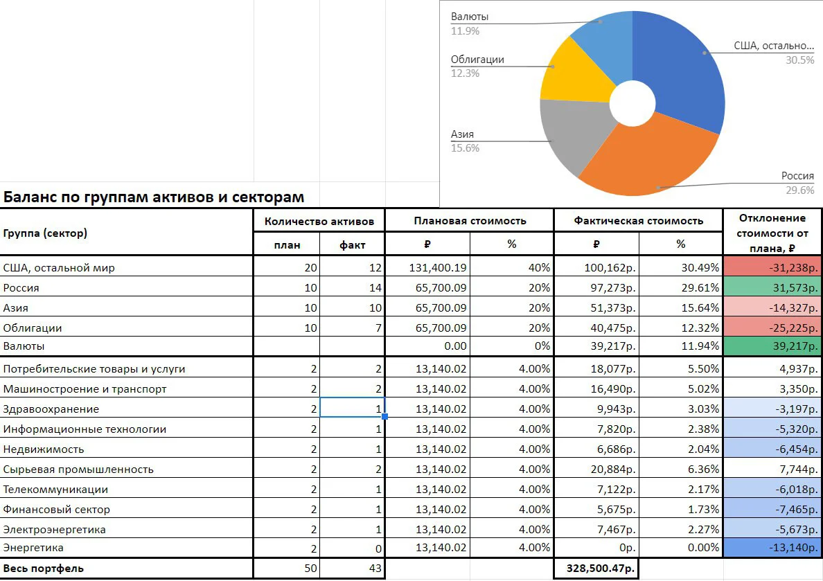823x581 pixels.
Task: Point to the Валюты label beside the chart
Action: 469,16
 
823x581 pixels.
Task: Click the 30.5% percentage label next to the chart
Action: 799,60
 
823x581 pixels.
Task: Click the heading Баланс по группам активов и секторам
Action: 154,197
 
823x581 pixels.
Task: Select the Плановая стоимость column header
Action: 470,221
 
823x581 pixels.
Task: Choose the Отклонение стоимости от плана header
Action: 772,233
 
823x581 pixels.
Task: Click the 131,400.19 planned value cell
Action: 438,268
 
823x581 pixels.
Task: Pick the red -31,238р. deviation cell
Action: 772,267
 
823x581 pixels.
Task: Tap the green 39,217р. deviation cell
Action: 772,346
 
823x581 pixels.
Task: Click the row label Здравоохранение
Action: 51,409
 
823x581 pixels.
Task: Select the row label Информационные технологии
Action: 85,429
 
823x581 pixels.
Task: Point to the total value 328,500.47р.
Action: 601,569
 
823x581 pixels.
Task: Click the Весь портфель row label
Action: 43,569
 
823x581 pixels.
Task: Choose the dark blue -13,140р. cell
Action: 772,548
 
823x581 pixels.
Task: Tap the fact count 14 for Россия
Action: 375,287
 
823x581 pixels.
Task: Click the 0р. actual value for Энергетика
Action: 627,548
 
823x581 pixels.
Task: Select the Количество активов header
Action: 319,222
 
